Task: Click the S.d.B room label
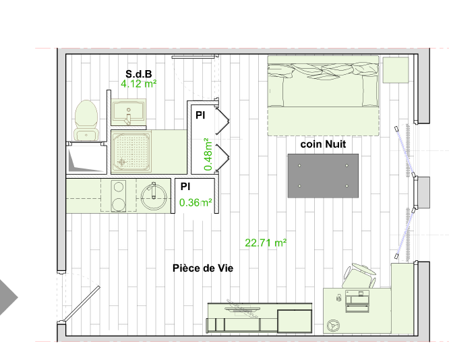(x=139, y=74)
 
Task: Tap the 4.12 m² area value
(x=139, y=84)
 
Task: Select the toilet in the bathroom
(x=86, y=120)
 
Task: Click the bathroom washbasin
(x=129, y=112)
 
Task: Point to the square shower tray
(x=131, y=152)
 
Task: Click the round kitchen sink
(x=154, y=197)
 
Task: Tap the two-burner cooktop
(x=118, y=196)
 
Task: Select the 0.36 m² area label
(x=196, y=203)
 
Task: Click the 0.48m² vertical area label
(x=208, y=154)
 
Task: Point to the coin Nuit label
(x=323, y=144)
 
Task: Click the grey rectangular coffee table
(x=323, y=176)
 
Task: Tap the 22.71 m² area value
(x=266, y=243)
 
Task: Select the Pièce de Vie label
(x=203, y=268)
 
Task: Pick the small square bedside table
(x=396, y=70)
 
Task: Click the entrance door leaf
(x=82, y=304)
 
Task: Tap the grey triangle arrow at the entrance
(x=8, y=297)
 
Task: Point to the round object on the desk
(x=333, y=326)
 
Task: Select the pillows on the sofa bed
(x=323, y=71)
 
